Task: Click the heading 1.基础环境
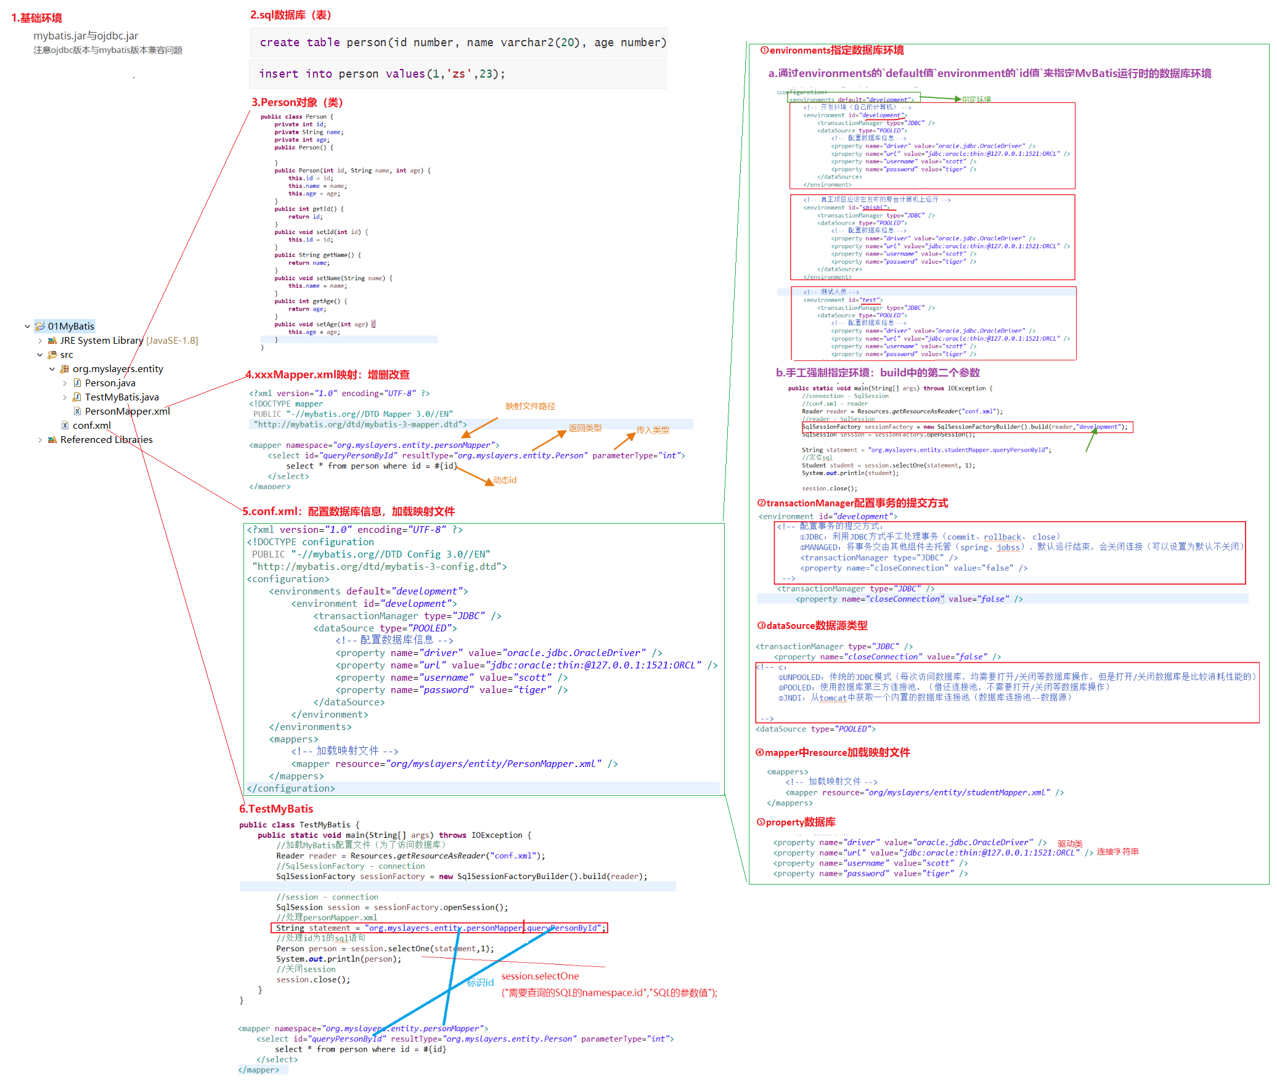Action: click(37, 18)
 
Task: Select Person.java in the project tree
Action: click(110, 383)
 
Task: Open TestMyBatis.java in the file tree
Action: click(121, 397)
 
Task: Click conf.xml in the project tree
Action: click(91, 426)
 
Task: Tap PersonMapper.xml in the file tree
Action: click(127, 412)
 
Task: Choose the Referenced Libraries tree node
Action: click(106, 440)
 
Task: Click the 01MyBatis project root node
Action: click(71, 327)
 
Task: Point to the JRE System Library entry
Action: click(101, 341)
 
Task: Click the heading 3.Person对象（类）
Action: click(296, 102)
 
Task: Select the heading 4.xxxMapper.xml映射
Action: click(327, 375)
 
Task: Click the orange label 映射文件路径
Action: click(530, 407)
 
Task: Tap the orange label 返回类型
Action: click(585, 428)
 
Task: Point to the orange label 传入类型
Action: click(653, 430)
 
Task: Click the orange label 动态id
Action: click(505, 480)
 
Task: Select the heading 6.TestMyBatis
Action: click(276, 809)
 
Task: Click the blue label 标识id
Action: click(480, 983)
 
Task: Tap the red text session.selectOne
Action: click(540, 976)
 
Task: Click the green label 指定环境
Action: click(976, 99)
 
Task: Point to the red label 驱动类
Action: click(1070, 843)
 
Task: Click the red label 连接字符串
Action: click(1117, 852)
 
